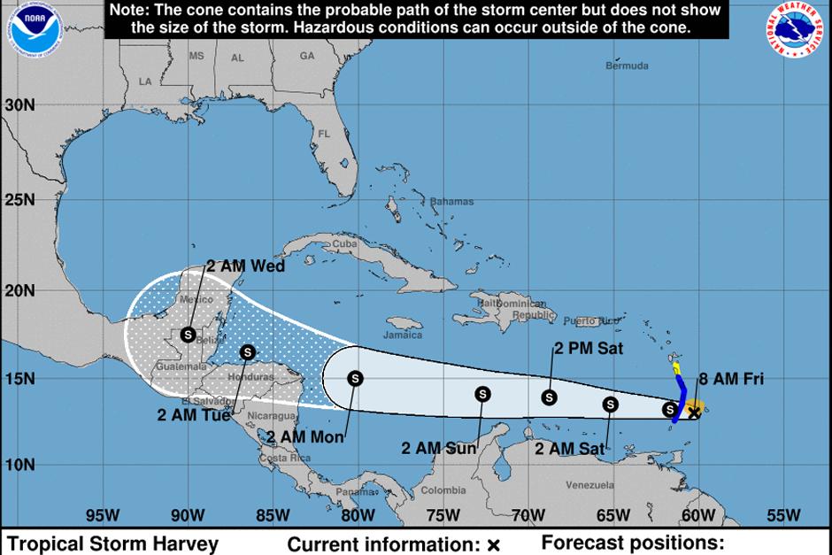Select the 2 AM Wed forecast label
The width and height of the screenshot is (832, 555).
(x=245, y=265)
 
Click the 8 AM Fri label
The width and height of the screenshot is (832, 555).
(x=730, y=380)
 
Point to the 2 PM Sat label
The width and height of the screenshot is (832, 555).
(x=589, y=349)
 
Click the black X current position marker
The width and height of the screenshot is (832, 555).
(x=695, y=412)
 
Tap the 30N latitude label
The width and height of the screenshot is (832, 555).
(x=19, y=104)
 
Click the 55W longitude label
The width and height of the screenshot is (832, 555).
(x=782, y=516)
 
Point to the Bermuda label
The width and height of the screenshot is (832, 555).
(x=627, y=66)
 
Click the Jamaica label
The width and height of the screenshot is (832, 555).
(x=403, y=335)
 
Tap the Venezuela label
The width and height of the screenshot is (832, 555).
(x=589, y=485)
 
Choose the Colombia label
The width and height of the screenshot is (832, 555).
(x=443, y=490)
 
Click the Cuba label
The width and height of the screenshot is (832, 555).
(x=343, y=243)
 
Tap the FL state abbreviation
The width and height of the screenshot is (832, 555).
(x=323, y=134)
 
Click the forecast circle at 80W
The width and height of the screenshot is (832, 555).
(x=355, y=378)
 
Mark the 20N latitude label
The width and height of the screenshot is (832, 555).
(x=19, y=290)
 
